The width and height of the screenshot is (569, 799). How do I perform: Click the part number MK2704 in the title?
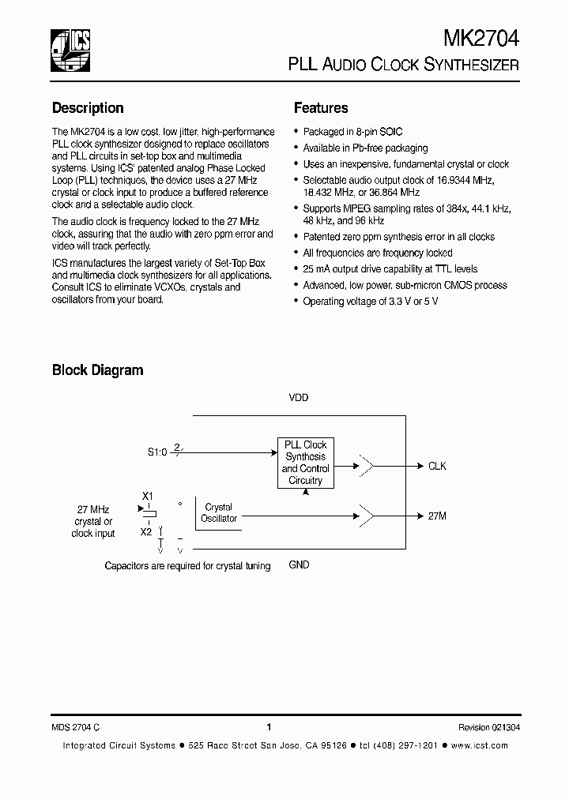pos(481,39)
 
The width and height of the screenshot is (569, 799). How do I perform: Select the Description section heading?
pos(88,108)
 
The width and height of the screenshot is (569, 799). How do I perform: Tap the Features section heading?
pos(321,108)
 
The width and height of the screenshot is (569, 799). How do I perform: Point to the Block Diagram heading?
pos(97,369)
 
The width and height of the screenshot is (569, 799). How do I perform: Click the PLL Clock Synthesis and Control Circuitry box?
pos(305,463)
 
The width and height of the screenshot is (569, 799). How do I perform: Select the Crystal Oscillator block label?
pos(219,512)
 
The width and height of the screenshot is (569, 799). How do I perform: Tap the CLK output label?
pos(437,466)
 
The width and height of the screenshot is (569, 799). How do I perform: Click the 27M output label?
pos(437,516)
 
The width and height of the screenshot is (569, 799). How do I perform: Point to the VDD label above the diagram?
pos(298,398)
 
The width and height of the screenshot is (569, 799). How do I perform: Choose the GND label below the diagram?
pos(299,565)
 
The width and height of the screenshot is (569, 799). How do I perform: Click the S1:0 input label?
pos(157,452)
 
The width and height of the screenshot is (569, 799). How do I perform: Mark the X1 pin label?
pos(147,496)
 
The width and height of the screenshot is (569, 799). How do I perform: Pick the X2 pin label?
pos(146,531)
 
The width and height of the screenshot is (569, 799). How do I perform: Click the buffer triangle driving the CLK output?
pos(367,466)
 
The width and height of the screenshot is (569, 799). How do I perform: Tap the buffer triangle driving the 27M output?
pos(367,516)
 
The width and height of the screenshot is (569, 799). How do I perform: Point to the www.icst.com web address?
pos(481,745)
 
